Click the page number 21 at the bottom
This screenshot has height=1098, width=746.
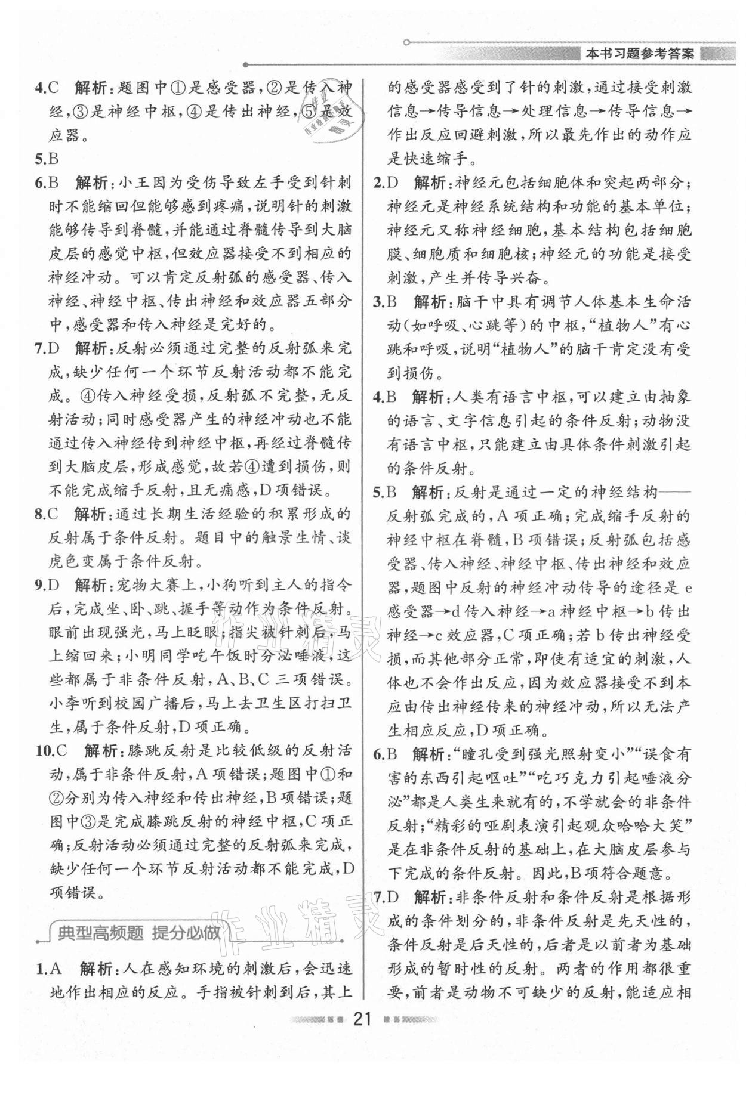click(x=363, y=1035)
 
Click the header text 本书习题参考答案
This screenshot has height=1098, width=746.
click(x=640, y=54)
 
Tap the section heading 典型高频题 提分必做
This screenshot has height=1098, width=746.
click(x=138, y=932)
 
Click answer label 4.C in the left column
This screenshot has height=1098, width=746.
click(x=47, y=88)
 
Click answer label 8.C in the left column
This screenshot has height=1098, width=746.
click(x=47, y=514)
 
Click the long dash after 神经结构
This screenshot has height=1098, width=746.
click(x=676, y=493)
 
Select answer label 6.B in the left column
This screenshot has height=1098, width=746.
click(x=47, y=183)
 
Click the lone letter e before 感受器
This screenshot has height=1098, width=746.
click(x=687, y=588)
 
